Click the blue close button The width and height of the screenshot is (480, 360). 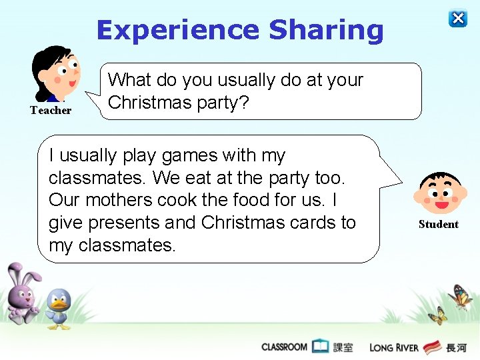pyautogui.click(x=458, y=18)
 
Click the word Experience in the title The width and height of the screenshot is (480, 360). pyautogui.click(x=177, y=30)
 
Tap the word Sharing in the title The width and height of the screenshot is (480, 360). pyautogui.click(x=326, y=30)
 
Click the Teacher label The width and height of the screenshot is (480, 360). pyautogui.click(x=51, y=111)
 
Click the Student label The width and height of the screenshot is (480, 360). pyautogui.click(x=438, y=225)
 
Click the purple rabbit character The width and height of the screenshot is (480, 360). pyautogui.click(x=21, y=294)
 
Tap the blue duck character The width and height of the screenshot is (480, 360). pyautogui.click(x=59, y=308)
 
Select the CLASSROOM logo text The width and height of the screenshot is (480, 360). pyautogui.click(x=284, y=347)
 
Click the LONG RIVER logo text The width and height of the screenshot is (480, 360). pyautogui.click(x=394, y=347)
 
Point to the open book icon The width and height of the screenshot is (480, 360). pyautogui.click(x=321, y=346)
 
